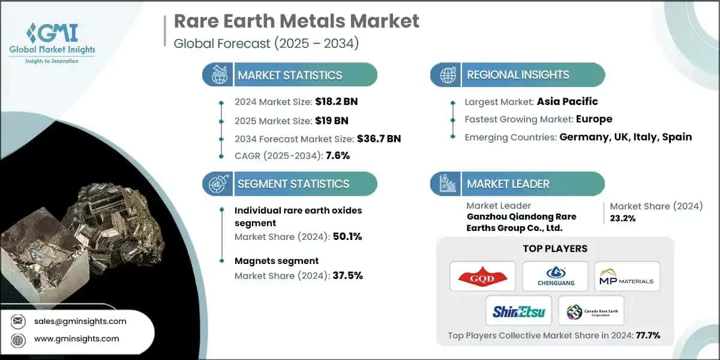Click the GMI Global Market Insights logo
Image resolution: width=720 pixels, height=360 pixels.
(52, 43)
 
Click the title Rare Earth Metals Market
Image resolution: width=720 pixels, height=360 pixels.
(296, 22)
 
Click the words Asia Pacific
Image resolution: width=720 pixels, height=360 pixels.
(568, 101)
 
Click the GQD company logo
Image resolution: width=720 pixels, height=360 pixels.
(482, 276)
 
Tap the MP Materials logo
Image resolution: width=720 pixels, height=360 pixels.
(627, 276)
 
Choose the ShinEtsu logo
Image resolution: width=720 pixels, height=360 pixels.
(518, 311)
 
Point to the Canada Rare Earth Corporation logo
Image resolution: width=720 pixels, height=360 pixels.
(591, 311)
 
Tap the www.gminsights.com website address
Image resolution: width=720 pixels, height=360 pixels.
(77, 339)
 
